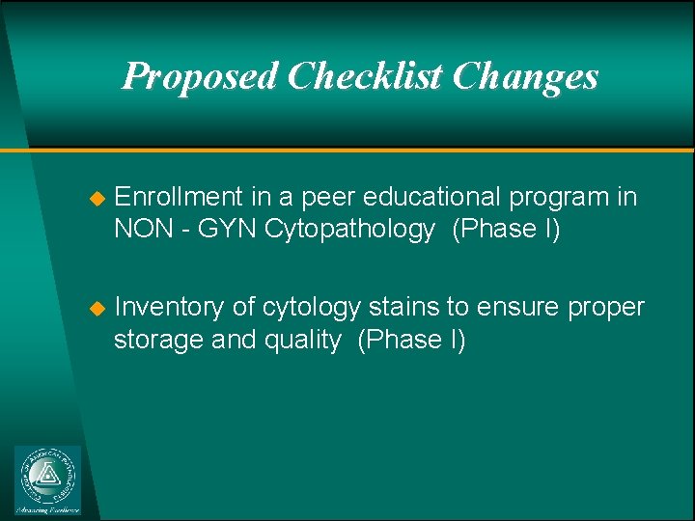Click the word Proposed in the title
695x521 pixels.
pyautogui.click(x=200, y=75)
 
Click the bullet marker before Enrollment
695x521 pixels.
pyautogui.click(x=96, y=198)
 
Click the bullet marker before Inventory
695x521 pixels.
pyautogui.click(x=96, y=308)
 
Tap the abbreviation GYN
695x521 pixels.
pyautogui.click(x=211, y=229)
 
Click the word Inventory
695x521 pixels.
pyautogui.click(x=171, y=307)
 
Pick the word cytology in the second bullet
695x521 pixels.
pyautogui.click(x=309, y=308)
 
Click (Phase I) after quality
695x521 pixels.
pyautogui.click(x=411, y=340)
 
